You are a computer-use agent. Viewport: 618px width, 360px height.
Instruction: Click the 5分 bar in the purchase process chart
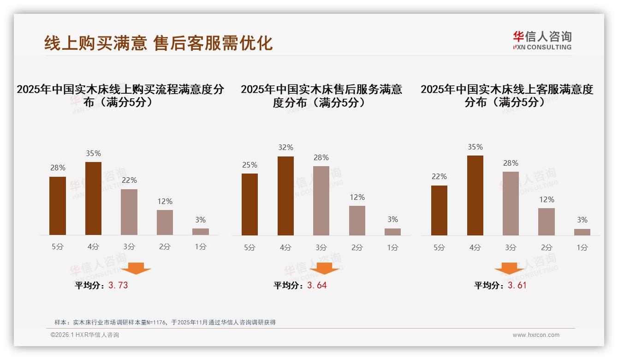click(58, 206)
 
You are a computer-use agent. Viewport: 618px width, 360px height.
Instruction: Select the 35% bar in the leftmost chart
click(93, 198)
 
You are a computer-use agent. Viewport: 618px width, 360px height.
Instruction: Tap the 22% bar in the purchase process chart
click(129, 212)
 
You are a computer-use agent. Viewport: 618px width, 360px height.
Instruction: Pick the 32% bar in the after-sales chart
click(285, 196)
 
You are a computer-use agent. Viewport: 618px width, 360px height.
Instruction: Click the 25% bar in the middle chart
click(250, 204)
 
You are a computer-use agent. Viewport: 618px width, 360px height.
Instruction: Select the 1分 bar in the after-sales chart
click(392, 232)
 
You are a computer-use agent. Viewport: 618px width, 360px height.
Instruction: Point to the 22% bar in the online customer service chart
click(439, 210)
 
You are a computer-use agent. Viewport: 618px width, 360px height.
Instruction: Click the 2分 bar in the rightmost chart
click(547, 222)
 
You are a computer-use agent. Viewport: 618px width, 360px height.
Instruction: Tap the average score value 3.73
click(118, 285)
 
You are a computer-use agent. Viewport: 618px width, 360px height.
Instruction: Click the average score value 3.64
click(317, 285)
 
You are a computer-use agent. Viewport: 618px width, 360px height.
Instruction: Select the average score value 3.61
click(517, 285)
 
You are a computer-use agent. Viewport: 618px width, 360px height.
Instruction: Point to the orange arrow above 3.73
click(136, 268)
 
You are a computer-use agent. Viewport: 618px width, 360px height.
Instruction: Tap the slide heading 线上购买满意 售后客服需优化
click(158, 43)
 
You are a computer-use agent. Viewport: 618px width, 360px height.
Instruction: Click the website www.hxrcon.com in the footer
click(536, 335)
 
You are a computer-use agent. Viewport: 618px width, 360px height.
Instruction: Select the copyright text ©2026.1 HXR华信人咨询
click(85, 335)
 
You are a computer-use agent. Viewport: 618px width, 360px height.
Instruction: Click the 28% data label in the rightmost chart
click(511, 163)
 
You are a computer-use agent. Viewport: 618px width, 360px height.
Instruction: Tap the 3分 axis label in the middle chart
click(321, 247)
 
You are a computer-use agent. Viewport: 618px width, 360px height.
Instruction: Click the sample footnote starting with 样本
click(165, 322)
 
